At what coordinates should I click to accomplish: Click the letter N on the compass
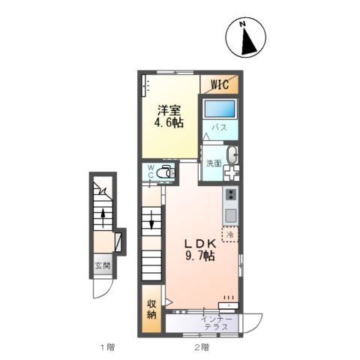point(242,24)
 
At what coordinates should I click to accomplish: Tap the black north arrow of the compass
point(248,43)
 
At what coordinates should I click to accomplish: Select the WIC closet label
point(220,85)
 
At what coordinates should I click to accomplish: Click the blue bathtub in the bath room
point(220,108)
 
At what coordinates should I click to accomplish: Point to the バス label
point(220,127)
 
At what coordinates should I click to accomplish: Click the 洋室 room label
point(169,110)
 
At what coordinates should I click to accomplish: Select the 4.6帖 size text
point(169,122)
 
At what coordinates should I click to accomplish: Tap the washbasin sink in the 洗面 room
point(232,154)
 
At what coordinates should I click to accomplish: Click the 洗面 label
point(214,163)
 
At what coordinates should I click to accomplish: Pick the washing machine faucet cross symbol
point(231,172)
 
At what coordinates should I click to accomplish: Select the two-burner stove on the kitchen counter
point(231,194)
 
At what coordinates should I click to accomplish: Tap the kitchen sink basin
point(231,215)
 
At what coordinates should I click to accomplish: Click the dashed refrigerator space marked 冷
point(230,235)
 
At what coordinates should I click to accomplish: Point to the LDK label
point(200,243)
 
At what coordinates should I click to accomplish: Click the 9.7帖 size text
point(200,256)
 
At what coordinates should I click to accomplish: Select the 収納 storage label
point(151,310)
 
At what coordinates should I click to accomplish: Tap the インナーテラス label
point(217,323)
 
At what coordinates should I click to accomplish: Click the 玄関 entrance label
point(103,265)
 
